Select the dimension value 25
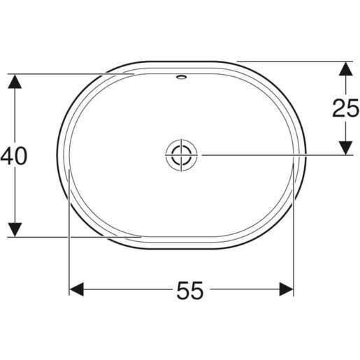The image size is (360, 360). tap(345, 108)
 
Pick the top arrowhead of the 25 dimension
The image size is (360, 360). tap(345, 69)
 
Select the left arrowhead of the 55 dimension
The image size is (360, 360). tap(78, 289)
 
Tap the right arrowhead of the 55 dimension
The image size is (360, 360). tap(285, 289)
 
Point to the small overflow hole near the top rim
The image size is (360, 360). tap(182, 75)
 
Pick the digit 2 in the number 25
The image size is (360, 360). tap(339, 108)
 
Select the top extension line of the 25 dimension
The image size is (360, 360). tap(294, 61)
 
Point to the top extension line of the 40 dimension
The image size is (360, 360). tap(70, 73)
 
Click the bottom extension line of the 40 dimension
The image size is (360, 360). tap(70, 237)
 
